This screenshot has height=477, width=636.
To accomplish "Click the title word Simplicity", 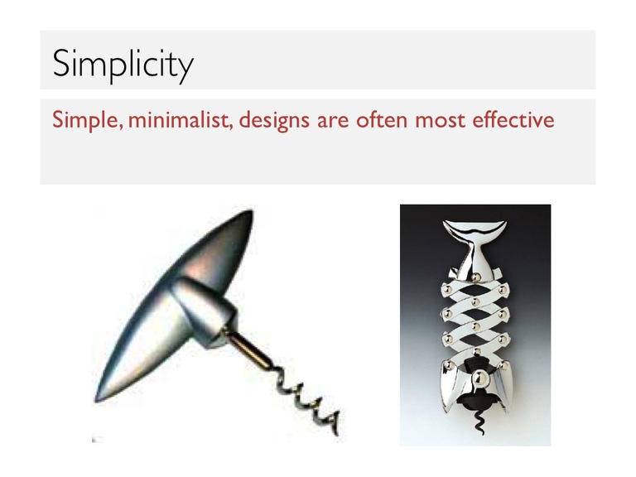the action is pos(123,64).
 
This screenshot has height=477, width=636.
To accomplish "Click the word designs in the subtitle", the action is pos(274,120).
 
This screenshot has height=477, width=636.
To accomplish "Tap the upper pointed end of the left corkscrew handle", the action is pos(251,211).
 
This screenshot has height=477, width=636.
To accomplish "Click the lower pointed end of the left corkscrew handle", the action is pos(98,398).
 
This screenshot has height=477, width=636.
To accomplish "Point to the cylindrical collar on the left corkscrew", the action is pos(204,311).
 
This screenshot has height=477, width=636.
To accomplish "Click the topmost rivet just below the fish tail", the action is pos(476,277).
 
